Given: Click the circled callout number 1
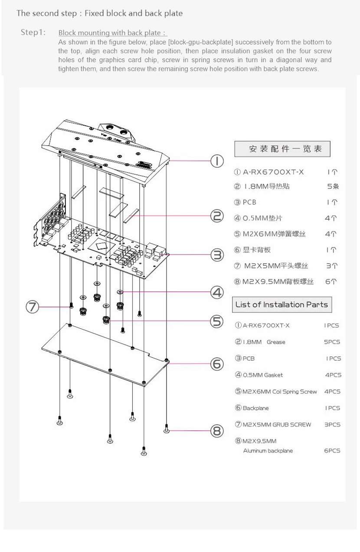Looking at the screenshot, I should point(217,161).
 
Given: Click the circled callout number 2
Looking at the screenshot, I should point(217,216).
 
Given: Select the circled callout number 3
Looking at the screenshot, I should point(217,255).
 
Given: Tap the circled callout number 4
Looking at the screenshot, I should point(217,293).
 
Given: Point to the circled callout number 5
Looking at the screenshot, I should point(216,321).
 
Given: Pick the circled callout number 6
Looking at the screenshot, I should point(217,364).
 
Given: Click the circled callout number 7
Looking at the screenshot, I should point(32,307).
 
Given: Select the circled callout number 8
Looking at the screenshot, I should point(217,431).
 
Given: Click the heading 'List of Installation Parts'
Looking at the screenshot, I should point(281,304).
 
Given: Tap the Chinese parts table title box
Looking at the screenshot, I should point(282,149).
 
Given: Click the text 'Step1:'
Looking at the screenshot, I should point(33,33).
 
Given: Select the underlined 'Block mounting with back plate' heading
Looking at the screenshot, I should point(112,33).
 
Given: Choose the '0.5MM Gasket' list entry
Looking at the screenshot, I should point(259,375).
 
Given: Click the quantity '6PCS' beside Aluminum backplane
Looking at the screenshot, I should point(332,451).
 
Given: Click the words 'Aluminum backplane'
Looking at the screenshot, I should point(268,451).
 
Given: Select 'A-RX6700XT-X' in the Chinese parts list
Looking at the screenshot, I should point(269,172).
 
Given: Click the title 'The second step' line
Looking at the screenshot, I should point(99,13).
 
